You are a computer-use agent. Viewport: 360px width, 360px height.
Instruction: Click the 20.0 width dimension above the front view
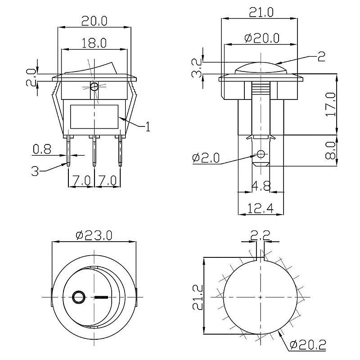click(x=94, y=21)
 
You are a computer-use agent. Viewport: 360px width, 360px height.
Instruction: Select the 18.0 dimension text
click(x=94, y=43)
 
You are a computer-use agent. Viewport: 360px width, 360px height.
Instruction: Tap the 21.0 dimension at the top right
click(x=261, y=12)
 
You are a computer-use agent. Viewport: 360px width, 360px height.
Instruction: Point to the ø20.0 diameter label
click(x=262, y=38)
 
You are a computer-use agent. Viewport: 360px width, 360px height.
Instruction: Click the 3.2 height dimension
click(x=197, y=68)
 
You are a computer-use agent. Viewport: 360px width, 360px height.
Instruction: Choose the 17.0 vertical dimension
click(x=331, y=104)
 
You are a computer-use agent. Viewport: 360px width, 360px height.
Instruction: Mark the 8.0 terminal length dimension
click(x=331, y=150)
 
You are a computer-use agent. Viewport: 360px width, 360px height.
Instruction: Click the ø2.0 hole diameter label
click(x=206, y=158)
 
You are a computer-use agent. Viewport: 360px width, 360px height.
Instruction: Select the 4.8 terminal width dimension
click(x=261, y=186)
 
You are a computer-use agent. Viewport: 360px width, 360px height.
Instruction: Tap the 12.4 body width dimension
click(x=261, y=208)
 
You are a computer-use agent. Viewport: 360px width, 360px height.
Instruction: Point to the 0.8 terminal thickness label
click(x=42, y=149)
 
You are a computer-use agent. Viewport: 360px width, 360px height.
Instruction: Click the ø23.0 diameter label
click(x=94, y=235)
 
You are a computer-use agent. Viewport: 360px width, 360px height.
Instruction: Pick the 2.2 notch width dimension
click(x=260, y=235)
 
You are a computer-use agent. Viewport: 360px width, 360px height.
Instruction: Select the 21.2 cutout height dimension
click(x=198, y=297)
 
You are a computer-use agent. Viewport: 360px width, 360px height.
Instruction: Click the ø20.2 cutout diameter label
click(x=308, y=345)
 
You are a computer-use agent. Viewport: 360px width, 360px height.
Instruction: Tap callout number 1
click(x=148, y=126)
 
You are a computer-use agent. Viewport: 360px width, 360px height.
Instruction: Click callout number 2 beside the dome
click(x=321, y=56)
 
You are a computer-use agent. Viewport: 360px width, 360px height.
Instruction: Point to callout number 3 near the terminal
click(x=35, y=171)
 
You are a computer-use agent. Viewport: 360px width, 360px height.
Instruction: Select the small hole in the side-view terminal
click(x=261, y=154)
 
